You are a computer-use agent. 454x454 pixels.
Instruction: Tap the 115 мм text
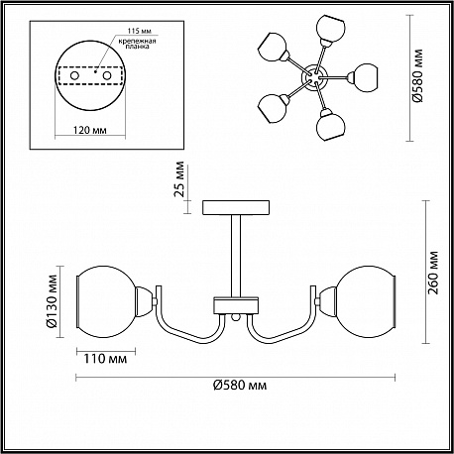(x=139, y=31)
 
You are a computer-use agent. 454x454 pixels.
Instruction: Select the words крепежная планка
(x=137, y=44)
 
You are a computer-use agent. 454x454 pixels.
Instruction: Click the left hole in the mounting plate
(x=74, y=76)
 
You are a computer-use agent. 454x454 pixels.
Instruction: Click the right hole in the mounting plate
(x=107, y=76)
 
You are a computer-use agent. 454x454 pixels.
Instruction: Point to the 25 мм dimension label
(x=178, y=178)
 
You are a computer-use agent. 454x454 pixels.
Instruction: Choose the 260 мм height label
(x=433, y=273)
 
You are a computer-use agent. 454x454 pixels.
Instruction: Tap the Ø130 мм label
(x=52, y=301)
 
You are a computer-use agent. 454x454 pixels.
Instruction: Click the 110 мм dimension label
(x=105, y=359)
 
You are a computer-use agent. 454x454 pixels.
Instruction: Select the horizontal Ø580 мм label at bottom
(x=240, y=385)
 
